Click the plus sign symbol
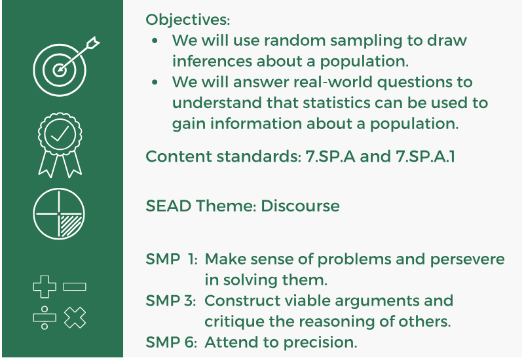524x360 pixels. tap(45, 287)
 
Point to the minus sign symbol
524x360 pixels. tap(75, 287)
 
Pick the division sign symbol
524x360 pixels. tap(45, 318)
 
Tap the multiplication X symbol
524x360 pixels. tap(75, 318)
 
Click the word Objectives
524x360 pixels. tap(188, 20)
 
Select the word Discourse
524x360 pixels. tap(300, 206)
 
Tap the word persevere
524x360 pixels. tap(467, 259)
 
